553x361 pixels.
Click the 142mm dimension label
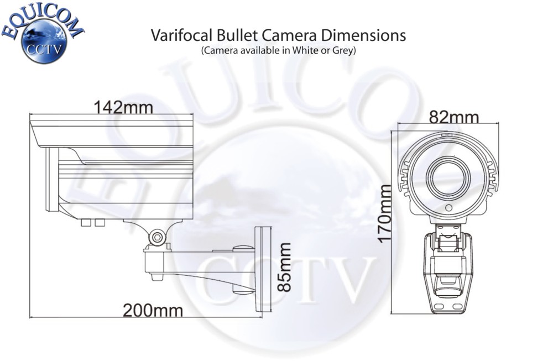click(123, 107)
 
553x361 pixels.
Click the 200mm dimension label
click(153, 310)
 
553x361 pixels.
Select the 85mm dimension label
click(284, 267)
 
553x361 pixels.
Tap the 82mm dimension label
click(453, 117)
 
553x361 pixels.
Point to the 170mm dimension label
click(385, 213)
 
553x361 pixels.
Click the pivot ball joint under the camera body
click(157, 237)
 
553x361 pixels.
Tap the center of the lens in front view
click(448, 178)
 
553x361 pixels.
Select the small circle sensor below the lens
click(448, 209)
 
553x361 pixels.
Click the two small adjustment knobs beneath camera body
click(92, 222)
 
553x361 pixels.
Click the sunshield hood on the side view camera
click(111, 133)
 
